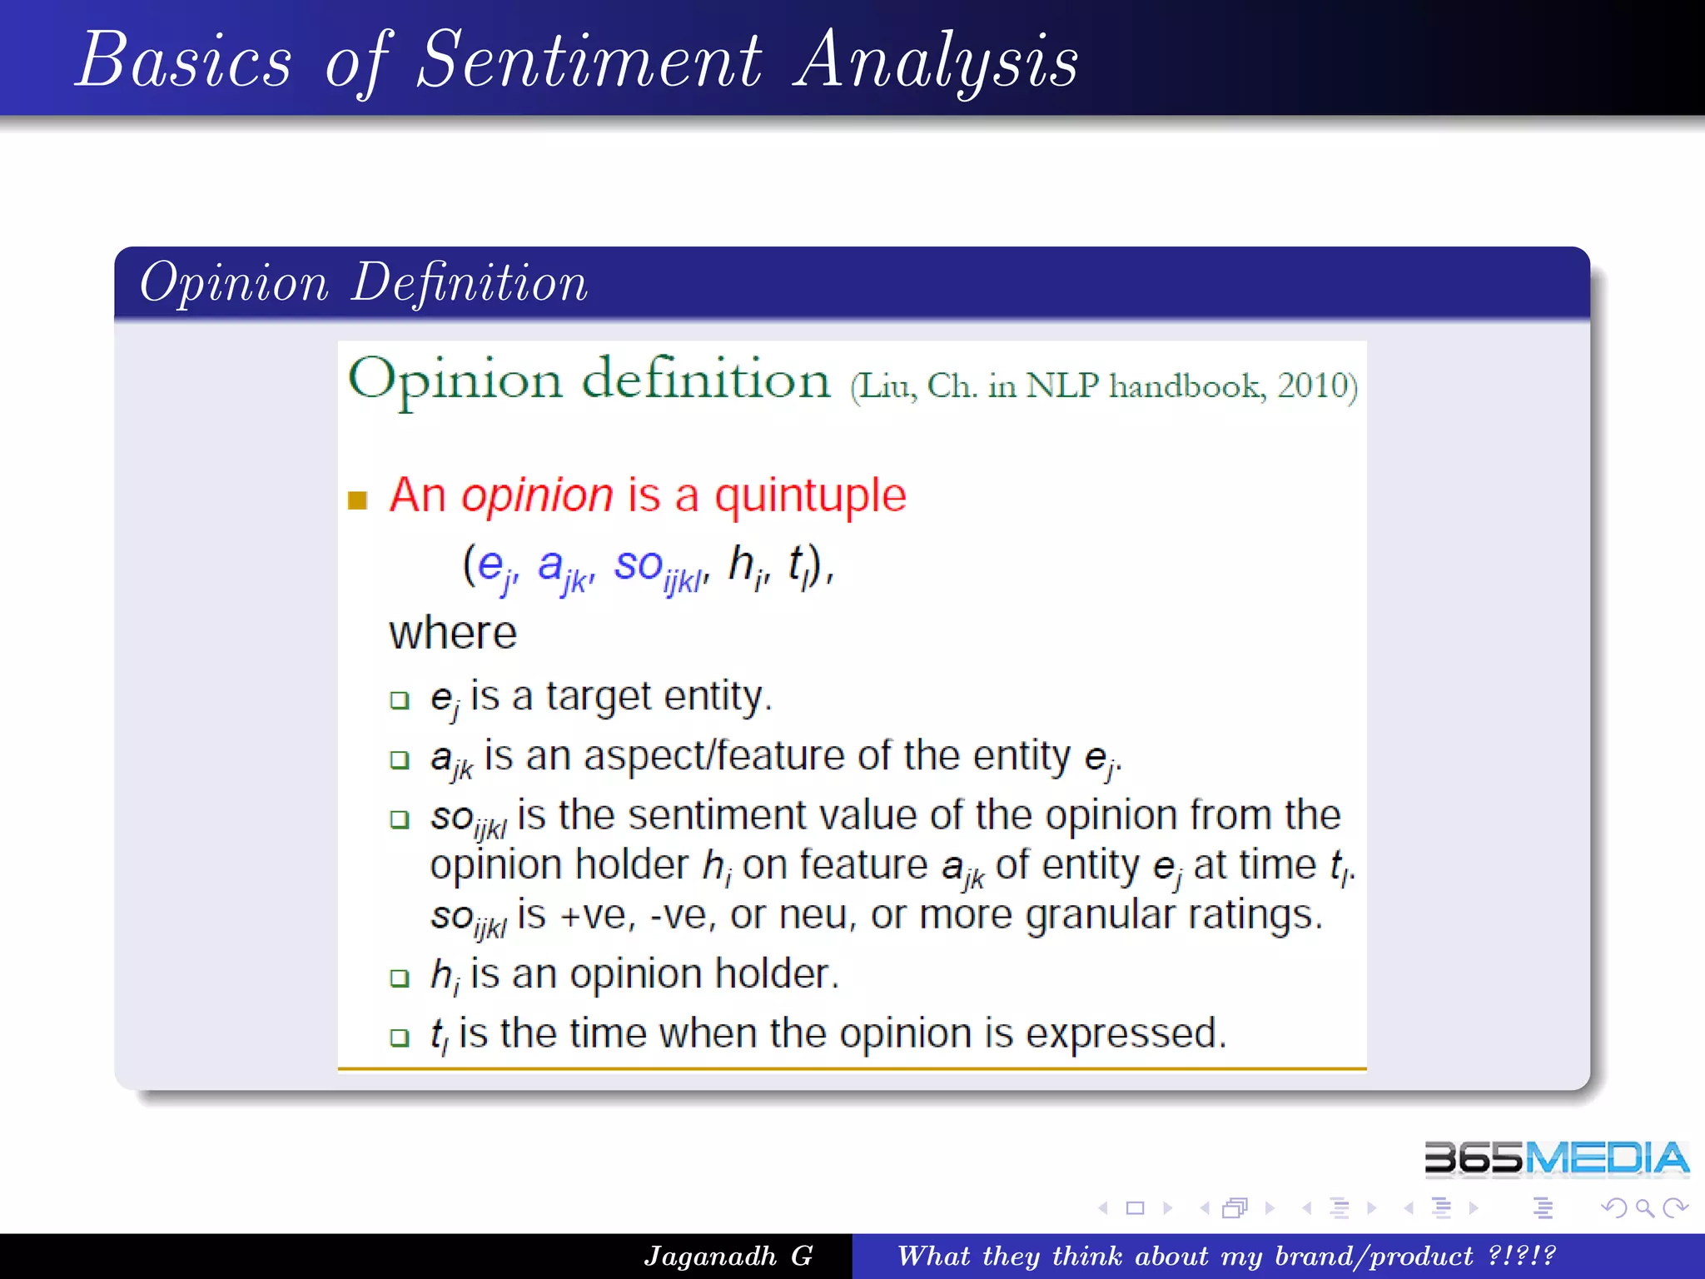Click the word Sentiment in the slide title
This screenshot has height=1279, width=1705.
(x=589, y=60)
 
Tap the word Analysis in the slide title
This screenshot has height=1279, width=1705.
(x=936, y=60)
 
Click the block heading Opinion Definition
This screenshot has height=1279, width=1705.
(x=364, y=283)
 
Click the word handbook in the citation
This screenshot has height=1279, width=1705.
(x=1186, y=386)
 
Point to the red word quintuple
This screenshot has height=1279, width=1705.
(x=810, y=496)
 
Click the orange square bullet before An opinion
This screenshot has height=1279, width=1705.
(x=357, y=500)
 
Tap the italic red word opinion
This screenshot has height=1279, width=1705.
(x=537, y=496)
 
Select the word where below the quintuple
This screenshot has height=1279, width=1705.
(x=453, y=633)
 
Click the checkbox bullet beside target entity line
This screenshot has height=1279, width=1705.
(x=400, y=699)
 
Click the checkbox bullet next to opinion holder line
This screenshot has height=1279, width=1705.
(x=400, y=978)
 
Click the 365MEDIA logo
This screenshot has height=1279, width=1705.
(x=1555, y=1158)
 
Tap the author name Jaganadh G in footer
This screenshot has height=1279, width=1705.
(x=728, y=1256)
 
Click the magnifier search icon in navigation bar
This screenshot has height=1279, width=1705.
(x=1644, y=1207)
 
